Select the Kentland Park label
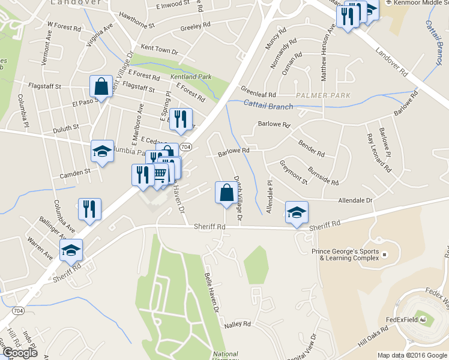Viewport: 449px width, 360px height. (191, 77)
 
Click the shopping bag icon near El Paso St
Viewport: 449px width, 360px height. (101, 86)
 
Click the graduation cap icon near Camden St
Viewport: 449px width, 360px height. (101, 151)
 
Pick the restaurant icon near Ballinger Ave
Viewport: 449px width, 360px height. (89, 209)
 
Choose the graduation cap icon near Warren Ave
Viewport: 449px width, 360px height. (71, 250)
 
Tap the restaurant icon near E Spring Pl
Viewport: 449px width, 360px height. (180, 119)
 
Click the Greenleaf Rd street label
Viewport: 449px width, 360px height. (258, 95)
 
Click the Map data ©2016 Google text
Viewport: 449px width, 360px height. (412, 355)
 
